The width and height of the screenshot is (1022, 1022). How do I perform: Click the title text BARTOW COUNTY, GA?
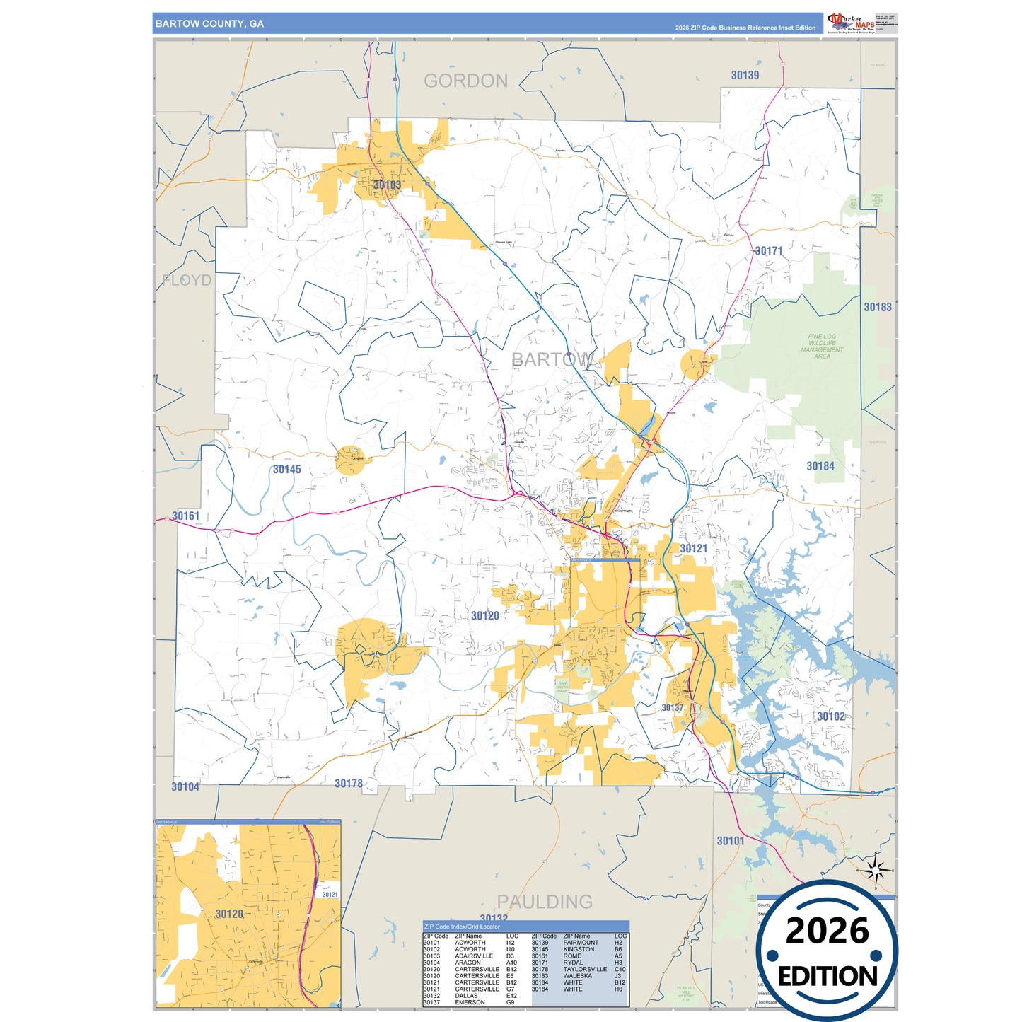(209, 24)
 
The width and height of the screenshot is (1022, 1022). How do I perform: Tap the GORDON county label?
(465, 81)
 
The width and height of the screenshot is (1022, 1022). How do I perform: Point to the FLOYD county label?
(187, 280)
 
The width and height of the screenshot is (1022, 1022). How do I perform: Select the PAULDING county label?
(545, 902)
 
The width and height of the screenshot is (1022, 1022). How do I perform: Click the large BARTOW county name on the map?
(552, 360)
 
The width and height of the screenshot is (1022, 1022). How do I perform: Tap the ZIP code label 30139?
(745, 75)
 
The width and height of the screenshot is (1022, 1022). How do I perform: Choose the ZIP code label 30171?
(768, 251)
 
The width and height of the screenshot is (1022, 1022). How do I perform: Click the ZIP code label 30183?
(877, 307)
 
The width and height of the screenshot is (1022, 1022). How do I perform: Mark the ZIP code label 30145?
(286, 470)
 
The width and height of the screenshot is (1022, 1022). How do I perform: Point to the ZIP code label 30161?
(186, 516)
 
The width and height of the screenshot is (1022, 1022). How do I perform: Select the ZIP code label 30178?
(348, 784)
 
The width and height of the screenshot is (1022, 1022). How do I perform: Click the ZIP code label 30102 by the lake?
(830, 716)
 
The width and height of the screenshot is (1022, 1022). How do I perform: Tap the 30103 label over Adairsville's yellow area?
(387, 185)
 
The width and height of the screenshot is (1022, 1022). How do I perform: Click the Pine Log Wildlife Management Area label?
(821, 347)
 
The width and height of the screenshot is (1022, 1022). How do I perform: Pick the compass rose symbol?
(876, 871)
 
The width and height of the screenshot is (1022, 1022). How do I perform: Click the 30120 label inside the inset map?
(229, 914)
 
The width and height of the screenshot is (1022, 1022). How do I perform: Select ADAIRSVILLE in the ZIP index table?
(473, 956)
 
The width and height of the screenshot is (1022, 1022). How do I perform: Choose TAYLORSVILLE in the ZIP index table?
(585, 969)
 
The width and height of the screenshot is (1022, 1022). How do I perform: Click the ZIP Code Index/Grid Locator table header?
(462, 927)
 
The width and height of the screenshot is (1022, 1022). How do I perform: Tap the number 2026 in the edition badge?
(827, 931)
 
